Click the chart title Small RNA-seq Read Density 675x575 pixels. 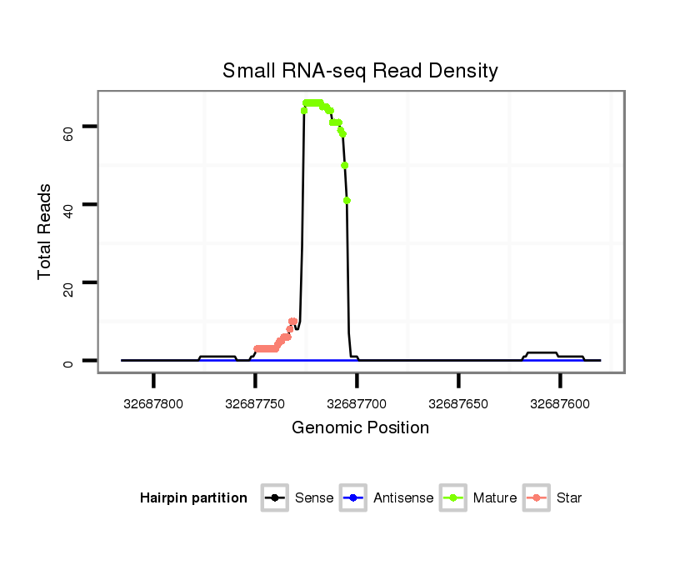pyautogui.click(x=360, y=71)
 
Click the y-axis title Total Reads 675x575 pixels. pyautogui.click(x=45, y=232)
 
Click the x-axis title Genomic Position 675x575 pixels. pyautogui.click(x=360, y=428)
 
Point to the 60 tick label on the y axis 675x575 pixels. pyautogui.click(x=68, y=127)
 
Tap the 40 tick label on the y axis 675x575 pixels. pyautogui.click(x=68, y=204)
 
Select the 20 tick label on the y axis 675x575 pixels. pyautogui.click(x=68, y=282)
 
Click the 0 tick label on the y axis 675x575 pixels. pyautogui.click(x=68, y=361)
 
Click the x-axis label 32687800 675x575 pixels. pyautogui.click(x=153, y=403)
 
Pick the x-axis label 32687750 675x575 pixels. pyautogui.click(x=255, y=403)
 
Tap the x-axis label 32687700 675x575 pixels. pyautogui.click(x=357, y=403)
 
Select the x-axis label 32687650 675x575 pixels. pyautogui.click(x=458, y=403)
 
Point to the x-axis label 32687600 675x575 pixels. pyautogui.click(x=560, y=403)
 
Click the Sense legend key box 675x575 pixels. pyautogui.click(x=275, y=498)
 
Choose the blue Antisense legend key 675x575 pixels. pyautogui.click(x=353, y=498)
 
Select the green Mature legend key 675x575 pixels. pyautogui.click(x=453, y=498)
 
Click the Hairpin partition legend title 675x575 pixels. pyautogui.click(x=194, y=498)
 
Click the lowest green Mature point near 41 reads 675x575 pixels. pyautogui.click(x=347, y=200)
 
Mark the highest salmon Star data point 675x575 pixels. pyautogui.click(x=292, y=321)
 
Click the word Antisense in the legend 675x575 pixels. pyautogui.click(x=403, y=498)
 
